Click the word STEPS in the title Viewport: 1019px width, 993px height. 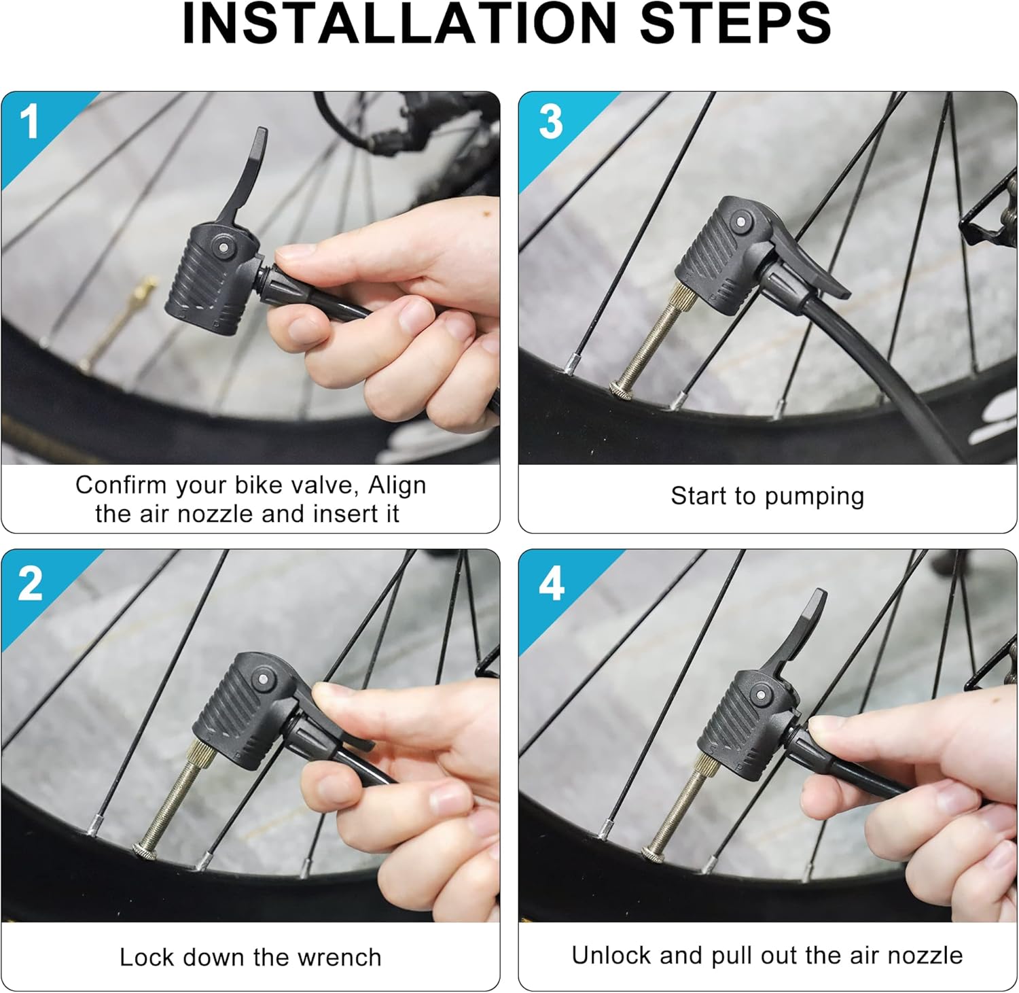pyautogui.click(x=736, y=23)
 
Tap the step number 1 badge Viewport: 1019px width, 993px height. pyautogui.click(x=29, y=122)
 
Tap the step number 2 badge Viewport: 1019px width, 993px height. pyautogui.click(x=30, y=583)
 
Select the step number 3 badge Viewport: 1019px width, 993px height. pyautogui.click(x=551, y=122)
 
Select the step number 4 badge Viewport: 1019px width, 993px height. pyautogui.click(x=552, y=583)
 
